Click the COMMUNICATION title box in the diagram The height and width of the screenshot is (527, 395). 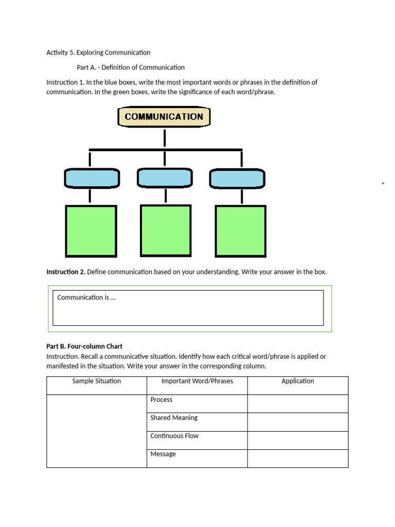pyautogui.click(x=164, y=117)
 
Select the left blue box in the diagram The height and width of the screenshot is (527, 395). pyautogui.click(x=92, y=179)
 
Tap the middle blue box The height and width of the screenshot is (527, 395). pyautogui.click(x=165, y=178)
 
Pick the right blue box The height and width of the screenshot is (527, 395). pyautogui.click(x=237, y=179)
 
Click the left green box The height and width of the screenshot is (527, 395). pyautogui.click(x=91, y=231)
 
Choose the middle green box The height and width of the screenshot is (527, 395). pyautogui.click(x=166, y=230)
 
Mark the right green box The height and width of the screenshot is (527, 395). pyautogui.click(x=240, y=231)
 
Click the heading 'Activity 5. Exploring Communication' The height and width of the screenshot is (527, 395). pyautogui.click(x=98, y=52)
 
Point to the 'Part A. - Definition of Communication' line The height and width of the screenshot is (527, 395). pyautogui.click(x=131, y=67)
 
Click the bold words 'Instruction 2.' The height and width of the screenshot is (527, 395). pyautogui.click(x=66, y=272)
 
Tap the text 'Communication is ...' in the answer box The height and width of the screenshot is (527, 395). pyautogui.click(x=86, y=297)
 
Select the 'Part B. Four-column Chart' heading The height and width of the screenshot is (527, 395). pyautogui.click(x=84, y=346)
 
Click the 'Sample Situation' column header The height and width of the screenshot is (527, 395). pyautogui.click(x=97, y=381)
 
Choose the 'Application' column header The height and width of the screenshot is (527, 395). pyautogui.click(x=298, y=381)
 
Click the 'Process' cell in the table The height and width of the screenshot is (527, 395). pyautogui.click(x=161, y=400)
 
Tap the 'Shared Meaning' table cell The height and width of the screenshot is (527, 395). pyautogui.click(x=174, y=418)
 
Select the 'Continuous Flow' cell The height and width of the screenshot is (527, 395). pyautogui.click(x=174, y=436)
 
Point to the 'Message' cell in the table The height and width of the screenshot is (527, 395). pyautogui.click(x=163, y=454)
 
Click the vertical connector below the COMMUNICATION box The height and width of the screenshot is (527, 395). pyautogui.click(x=165, y=138)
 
